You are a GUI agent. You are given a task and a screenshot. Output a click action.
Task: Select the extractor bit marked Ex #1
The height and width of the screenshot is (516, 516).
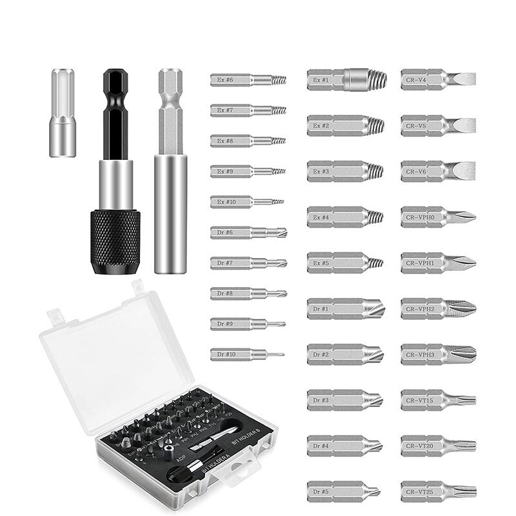point(346,79)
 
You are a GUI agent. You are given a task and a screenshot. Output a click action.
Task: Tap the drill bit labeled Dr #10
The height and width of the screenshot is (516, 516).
point(246,353)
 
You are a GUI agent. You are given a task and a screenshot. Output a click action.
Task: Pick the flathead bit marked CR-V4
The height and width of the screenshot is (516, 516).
point(437,79)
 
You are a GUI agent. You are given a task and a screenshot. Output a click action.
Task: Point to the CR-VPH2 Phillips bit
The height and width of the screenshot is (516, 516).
point(437,308)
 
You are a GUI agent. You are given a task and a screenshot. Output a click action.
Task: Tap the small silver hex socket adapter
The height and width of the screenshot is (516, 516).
point(63,112)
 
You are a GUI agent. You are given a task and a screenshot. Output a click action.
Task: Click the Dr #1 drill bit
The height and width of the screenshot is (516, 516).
point(345,308)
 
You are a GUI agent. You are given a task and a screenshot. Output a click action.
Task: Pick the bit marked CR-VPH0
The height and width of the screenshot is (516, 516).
point(437,217)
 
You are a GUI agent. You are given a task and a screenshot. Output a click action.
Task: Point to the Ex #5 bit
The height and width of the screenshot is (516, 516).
point(344,263)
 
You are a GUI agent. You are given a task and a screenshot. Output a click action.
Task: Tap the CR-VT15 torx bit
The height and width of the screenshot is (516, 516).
point(437,400)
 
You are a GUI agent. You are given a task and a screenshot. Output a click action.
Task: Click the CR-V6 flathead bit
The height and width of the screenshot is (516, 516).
point(437,171)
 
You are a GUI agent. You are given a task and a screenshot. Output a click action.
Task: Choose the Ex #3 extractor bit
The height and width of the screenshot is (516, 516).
point(344,171)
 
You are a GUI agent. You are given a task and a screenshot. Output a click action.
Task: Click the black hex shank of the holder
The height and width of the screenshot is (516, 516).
point(116,116)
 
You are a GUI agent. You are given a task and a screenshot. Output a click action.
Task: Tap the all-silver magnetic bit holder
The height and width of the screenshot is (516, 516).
point(170,174)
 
